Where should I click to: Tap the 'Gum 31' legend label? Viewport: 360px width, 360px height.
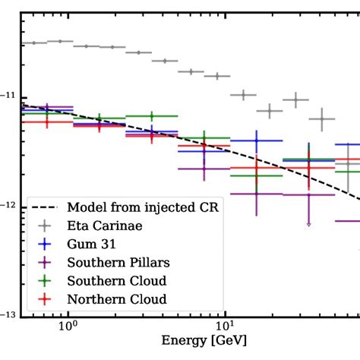87,244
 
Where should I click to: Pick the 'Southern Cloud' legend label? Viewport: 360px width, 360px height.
112,280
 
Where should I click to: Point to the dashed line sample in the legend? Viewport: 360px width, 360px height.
46,207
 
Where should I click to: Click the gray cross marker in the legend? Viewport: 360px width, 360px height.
46,226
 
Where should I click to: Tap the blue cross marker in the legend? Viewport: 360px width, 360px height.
46,244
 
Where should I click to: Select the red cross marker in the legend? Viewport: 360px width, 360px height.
46,298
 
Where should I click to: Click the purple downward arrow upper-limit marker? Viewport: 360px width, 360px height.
308,223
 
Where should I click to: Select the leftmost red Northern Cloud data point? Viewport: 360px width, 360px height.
46,122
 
